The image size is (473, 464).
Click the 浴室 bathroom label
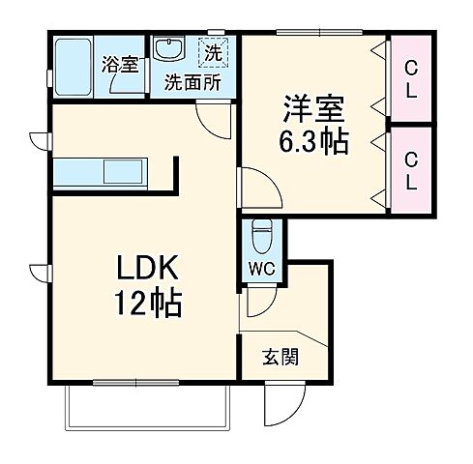coord(122,65)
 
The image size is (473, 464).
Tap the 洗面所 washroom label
coord(192,82)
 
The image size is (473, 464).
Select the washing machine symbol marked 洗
coord(211,49)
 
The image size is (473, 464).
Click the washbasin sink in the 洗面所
coord(171,49)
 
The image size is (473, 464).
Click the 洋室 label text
coord(315,103)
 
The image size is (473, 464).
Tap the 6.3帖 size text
coord(315,141)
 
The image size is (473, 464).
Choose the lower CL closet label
coord(411,170)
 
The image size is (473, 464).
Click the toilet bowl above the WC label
coord(261,235)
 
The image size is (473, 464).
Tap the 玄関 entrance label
coord(280,354)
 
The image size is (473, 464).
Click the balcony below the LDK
coord(145,405)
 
